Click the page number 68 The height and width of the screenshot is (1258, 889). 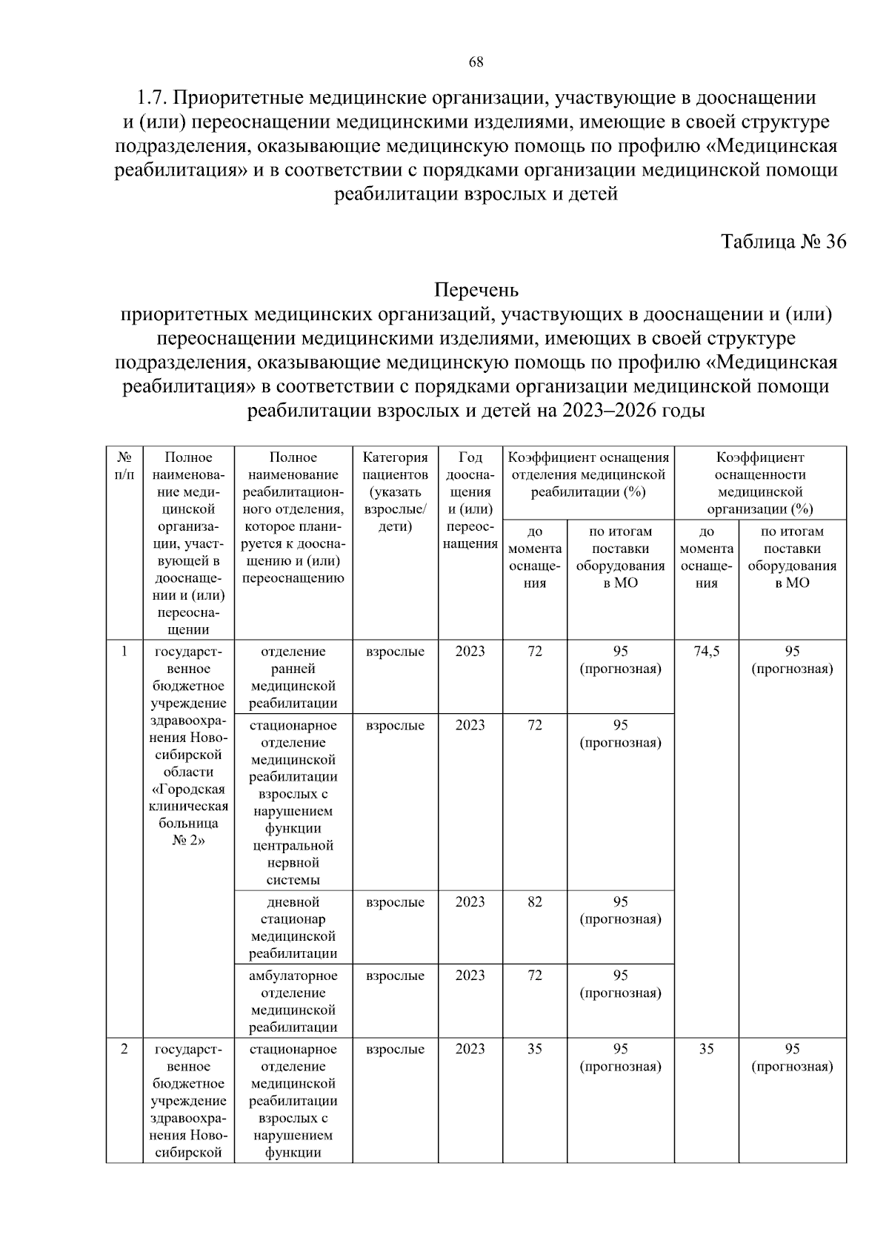point(476,62)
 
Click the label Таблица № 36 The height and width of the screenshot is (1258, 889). point(783,242)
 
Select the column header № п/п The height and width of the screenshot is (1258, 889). point(124,466)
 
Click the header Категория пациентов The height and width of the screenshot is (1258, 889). point(395,491)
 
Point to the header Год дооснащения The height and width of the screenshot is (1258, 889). point(470,500)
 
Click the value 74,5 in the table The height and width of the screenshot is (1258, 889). point(706,651)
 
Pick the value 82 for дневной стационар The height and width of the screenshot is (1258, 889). point(534,901)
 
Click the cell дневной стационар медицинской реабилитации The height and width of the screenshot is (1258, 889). point(293,927)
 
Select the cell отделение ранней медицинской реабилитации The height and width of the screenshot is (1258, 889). point(293,677)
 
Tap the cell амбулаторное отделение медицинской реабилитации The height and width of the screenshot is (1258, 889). point(293,1001)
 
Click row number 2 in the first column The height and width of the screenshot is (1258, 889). point(124,1049)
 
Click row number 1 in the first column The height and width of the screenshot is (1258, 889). point(124,651)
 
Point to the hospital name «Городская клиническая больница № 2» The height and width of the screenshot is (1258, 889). point(189,815)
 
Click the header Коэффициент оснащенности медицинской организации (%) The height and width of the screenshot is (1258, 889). point(759,483)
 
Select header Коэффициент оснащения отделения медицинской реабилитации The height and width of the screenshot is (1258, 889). point(588,474)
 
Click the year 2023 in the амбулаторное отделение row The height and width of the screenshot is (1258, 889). point(470,976)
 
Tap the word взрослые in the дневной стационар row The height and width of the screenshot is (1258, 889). point(395,902)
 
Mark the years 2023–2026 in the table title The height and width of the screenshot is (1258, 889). point(610,411)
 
